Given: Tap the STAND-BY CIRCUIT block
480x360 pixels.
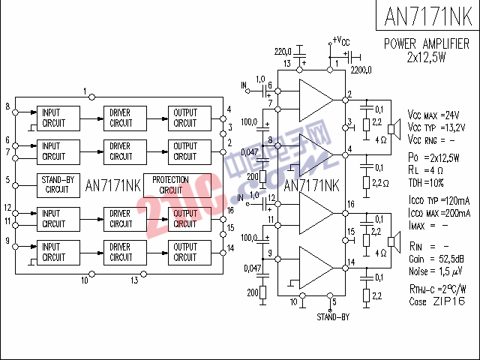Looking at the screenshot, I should point(57,184).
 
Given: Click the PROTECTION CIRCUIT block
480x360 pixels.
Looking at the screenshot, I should point(170,184).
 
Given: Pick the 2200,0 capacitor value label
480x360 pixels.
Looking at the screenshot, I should point(360,70).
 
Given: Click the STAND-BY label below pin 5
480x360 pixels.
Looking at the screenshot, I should point(333,317).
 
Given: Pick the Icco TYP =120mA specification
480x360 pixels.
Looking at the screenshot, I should point(439,202).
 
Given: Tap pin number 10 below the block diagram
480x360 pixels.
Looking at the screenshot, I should point(85,280).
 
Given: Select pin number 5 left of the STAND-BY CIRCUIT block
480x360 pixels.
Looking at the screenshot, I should point(7,180).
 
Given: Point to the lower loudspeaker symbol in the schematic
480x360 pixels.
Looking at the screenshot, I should point(391,240).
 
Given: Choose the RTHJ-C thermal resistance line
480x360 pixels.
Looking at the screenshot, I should point(436,289).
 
